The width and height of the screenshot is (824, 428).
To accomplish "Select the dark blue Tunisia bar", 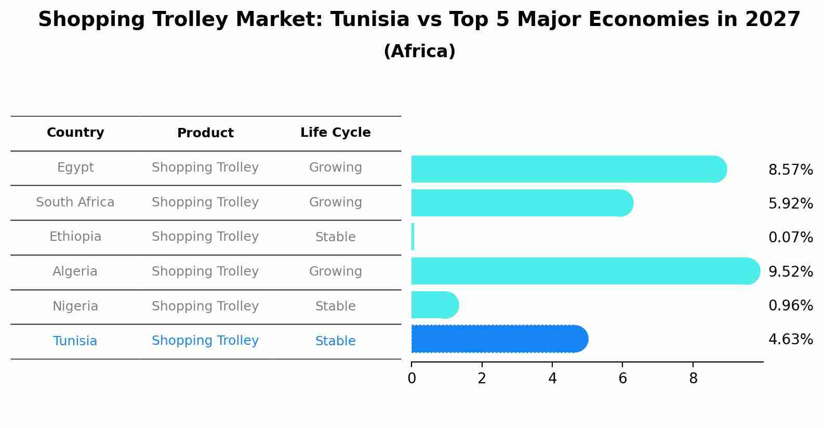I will tap(499, 339).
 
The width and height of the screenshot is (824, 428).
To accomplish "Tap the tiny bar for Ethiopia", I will tap(413, 237).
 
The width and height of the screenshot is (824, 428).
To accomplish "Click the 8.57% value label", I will tap(790, 170).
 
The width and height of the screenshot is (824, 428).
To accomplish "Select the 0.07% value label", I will tap(790, 238).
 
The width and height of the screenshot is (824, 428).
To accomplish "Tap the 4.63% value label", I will tap(790, 340).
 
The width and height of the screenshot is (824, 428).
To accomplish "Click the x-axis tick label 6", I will tap(622, 379).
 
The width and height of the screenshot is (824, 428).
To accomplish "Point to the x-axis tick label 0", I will tap(411, 379).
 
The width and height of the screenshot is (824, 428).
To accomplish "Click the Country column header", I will tap(75, 133).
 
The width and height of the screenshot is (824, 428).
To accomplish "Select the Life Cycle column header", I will tap(335, 133).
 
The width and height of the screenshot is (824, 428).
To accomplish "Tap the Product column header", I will tap(205, 133).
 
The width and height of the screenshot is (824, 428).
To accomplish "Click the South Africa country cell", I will tap(75, 202).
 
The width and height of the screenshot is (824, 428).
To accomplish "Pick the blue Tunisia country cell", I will tap(75, 341).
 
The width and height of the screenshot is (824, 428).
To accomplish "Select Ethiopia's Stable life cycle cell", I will tap(335, 237).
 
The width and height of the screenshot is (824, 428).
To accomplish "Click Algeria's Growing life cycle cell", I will tap(335, 271).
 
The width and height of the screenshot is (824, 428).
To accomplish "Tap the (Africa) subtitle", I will tap(419, 51).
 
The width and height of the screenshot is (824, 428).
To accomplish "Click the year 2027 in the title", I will tap(772, 20).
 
